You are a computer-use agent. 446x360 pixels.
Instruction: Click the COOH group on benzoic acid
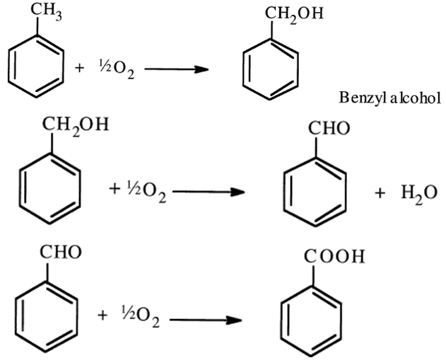pyautogui.click(x=340, y=256)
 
